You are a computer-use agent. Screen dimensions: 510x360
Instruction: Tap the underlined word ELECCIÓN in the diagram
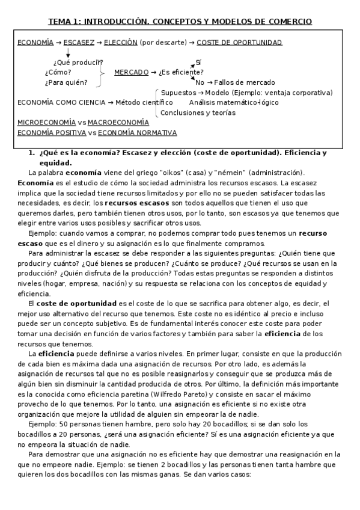coord(121,43)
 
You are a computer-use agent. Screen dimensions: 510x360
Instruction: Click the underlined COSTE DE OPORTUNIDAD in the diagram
coord(239,43)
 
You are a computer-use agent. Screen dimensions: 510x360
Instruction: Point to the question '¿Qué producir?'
coord(78,63)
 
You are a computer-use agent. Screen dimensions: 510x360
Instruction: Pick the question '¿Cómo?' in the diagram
coord(58,72)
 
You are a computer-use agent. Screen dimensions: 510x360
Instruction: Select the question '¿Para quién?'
coord(66,82)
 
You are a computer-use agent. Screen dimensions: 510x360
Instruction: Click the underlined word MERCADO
coord(131,72)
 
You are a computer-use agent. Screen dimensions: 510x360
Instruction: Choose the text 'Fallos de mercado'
coord(245,82)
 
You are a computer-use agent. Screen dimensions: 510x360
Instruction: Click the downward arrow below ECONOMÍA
coord(68,52)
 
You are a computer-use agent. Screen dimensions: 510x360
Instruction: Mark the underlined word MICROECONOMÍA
coord(47,122)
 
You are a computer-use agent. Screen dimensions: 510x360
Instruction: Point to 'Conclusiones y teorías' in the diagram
coord(198,112)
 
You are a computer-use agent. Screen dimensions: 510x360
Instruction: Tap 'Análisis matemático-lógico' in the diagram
coord(234,102)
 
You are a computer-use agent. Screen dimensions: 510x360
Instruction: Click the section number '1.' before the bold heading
coord(32,153)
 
